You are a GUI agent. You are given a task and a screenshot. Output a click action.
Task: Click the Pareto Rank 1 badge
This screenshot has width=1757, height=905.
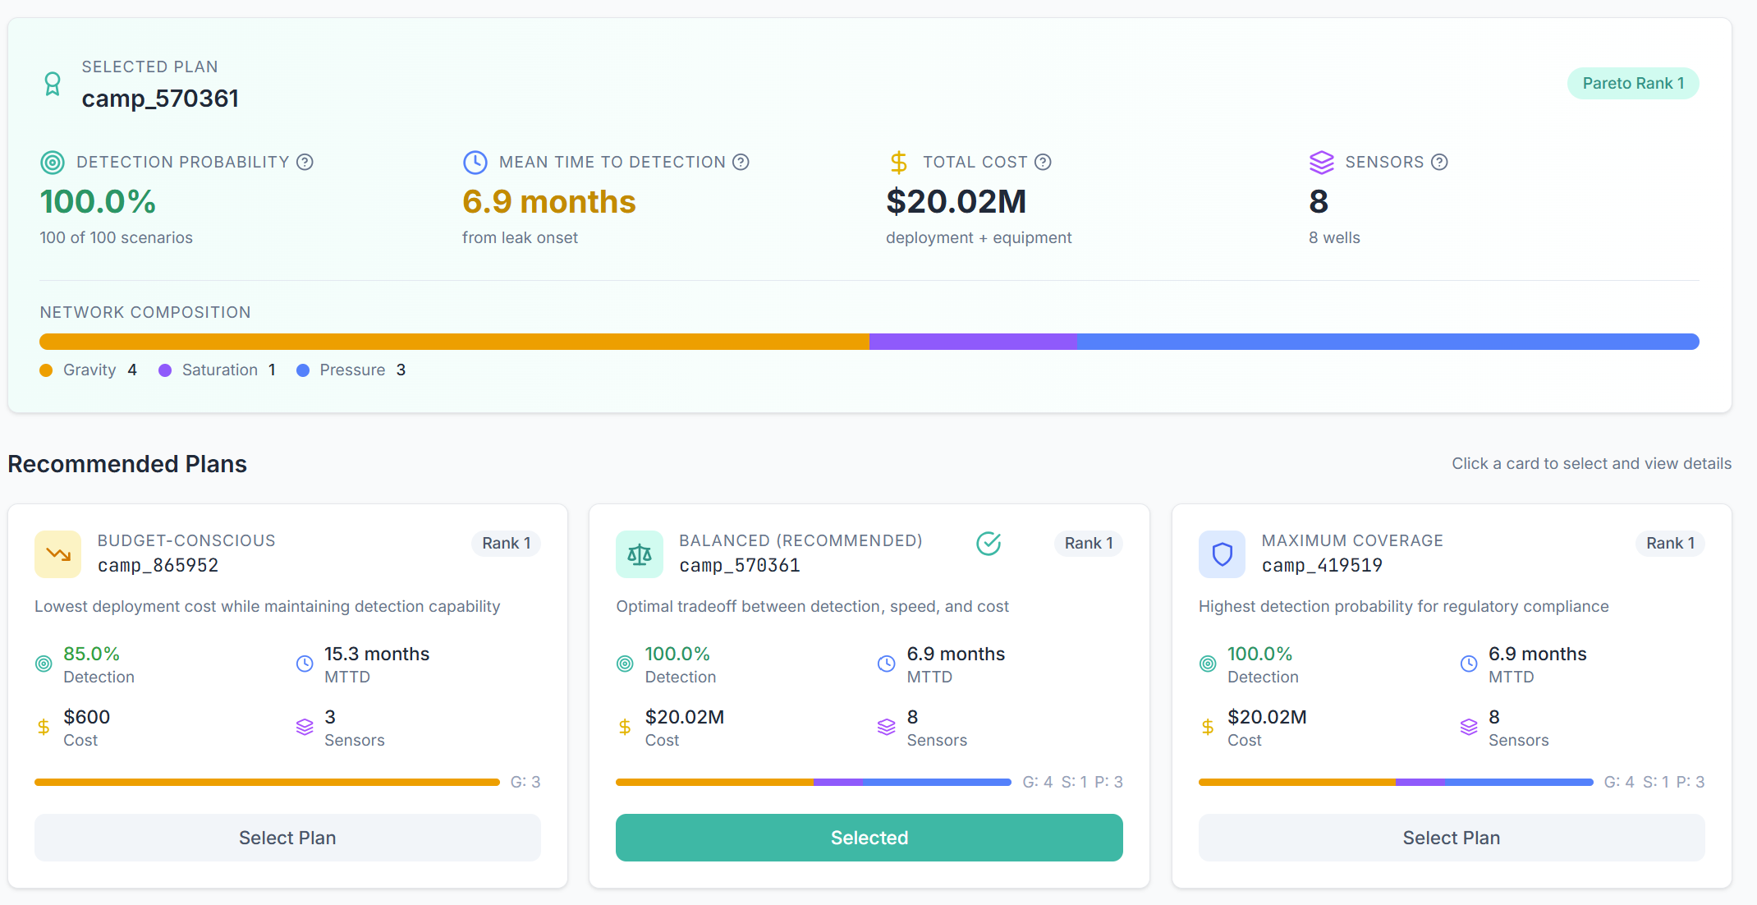pyautogui.click(x=1632, y=83)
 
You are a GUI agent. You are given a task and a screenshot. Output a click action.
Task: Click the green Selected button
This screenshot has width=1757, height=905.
pyautogui.click(x=869, y=837)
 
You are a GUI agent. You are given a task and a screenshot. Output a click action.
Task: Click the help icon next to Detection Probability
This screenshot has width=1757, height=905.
pyautogui.click(x=305, y=162)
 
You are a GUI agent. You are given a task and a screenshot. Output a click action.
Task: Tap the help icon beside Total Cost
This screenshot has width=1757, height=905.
pyautogui.click(x=1043, y=162)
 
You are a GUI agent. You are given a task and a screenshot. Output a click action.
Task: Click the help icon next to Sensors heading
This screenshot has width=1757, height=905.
pyautogui.click(x=1439, y=162)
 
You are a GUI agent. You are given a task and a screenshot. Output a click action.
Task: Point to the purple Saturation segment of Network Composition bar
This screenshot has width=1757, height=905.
pyautogui.click(x=972, y=342)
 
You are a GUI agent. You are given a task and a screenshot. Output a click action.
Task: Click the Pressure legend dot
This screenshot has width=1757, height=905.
pyautogui.click(x=303, y=370)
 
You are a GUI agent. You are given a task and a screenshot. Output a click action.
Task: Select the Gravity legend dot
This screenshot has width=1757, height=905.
pyautogui.click(x=46, y=370)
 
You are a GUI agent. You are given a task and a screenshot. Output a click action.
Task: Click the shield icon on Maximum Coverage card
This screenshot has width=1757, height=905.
pyautogui.click(x=1222, y=554)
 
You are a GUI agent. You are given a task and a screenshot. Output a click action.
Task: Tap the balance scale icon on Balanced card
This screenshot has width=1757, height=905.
pyautogui.click(x=639, y=554)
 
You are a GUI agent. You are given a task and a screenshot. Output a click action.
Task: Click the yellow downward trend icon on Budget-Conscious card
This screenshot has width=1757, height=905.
pyautogui.click(x=57, y=554)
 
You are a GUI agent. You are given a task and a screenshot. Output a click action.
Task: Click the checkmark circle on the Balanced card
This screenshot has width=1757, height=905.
pyautogui.click(x=989, y=543)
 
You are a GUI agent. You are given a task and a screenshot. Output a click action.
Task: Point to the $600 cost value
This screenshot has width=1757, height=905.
pyautogui.click(x=86, y=717)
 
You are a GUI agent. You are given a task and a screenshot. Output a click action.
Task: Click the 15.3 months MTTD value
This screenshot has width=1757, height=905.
pyautogui.click(x=376, y=654)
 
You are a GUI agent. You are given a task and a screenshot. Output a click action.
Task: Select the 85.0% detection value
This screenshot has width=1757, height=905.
pyautogui.click(x=91, y=654)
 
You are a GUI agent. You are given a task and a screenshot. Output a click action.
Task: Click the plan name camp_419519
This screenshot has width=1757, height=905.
pyautogui.click(x=1322, y=565)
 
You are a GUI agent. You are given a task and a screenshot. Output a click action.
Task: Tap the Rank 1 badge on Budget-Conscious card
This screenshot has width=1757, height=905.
pyautogui.click(x=506, y=543)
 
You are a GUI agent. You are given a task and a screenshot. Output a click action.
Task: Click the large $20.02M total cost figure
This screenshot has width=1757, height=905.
pyautogui.click(x=956, y=201)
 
